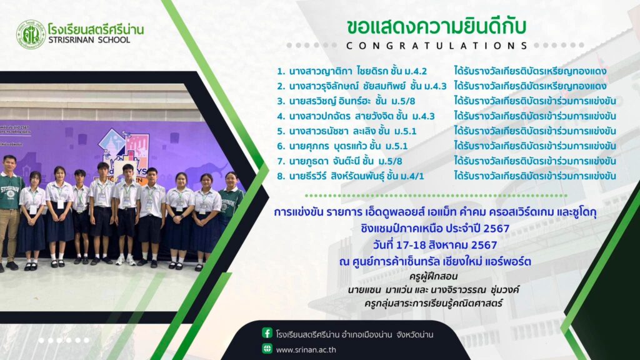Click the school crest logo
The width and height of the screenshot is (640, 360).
click(x=31, y=35)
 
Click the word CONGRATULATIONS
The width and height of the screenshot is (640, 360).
click(x=437, y=46)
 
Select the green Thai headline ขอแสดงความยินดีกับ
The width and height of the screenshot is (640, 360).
click(x=436, y=26)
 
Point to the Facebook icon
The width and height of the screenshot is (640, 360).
click(x=267, y=333)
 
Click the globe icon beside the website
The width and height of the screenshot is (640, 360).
click(x=267, y=349)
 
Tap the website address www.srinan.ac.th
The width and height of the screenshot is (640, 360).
click(x=306, y=350)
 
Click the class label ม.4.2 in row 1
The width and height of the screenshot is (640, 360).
click(x=416, y=71)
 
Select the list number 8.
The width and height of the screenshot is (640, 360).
click(x=281, y=176)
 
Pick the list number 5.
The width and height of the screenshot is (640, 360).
click(x=281, y=131)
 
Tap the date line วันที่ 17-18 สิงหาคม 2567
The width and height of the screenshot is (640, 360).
click(x=435, y=245)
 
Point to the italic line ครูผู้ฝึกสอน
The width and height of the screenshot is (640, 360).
click(x=433, y=276)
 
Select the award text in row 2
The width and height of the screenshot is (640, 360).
click(x=530, y=86)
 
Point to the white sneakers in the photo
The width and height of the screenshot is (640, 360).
click(x=125, y=261)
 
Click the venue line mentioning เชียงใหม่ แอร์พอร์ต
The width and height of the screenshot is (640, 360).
click(x=435, y=261)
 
